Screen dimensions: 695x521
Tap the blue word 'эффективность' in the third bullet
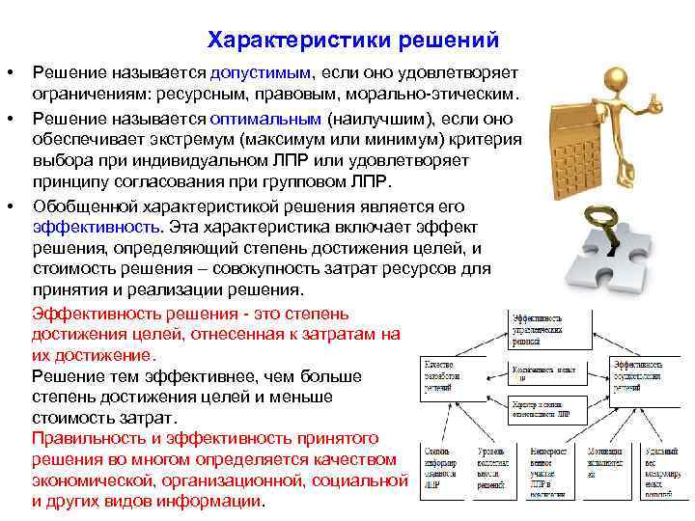pos(96,227)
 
